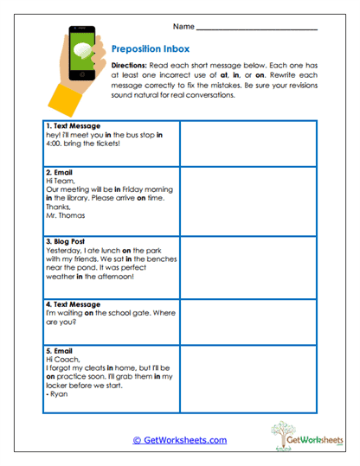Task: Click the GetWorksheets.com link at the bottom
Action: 179,440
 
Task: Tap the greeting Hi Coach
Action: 60,361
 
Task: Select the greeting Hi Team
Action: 58,181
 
